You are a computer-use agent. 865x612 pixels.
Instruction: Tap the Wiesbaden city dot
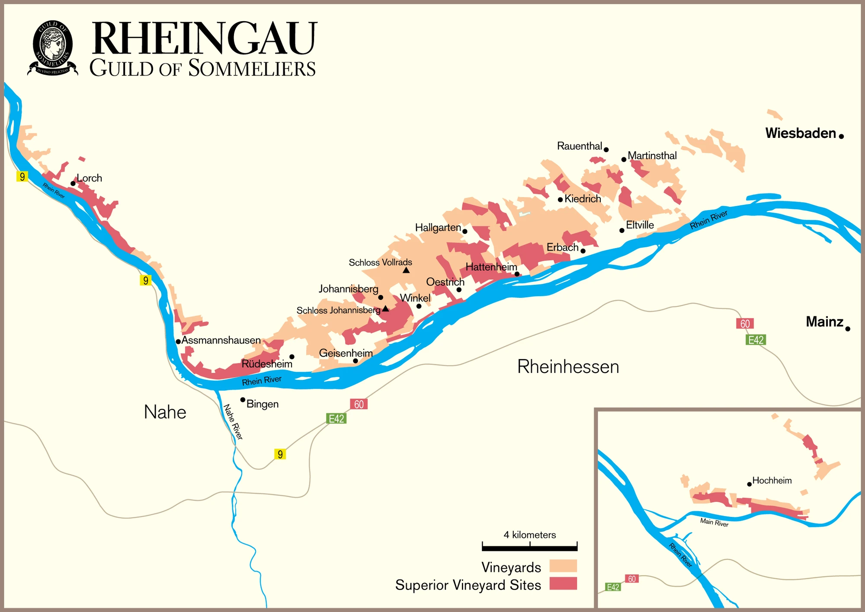coord(841,136)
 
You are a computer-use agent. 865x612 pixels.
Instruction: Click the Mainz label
coord(824,322)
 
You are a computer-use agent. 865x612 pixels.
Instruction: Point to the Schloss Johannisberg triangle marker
coord(385,309)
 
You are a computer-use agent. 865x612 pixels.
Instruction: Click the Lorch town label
coord(89,178)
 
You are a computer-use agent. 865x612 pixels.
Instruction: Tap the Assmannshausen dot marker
coord(178,341)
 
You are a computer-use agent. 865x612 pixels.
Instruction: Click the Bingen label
coord(263,404)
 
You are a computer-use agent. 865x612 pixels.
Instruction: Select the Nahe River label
coord(233,422)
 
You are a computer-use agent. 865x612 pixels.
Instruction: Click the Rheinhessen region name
coord(568,367)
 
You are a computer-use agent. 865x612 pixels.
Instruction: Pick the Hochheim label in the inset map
coord(772,481)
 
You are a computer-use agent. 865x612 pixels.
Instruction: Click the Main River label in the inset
coord(714,523)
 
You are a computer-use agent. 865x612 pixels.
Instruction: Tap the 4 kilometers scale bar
coord(529,548)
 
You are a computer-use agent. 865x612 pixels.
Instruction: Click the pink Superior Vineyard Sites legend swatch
coord(563,583)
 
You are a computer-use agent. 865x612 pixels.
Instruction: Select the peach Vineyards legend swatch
coord(563,566)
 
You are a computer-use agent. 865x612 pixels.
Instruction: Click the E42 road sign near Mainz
coord(756,340)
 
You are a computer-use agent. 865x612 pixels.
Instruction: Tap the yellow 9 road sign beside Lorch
coord(22,176)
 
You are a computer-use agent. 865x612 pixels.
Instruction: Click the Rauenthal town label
coord(579,146)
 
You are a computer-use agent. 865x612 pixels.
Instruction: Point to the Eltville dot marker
coord(622,230)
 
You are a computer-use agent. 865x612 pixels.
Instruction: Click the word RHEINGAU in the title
coord(204,39)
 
